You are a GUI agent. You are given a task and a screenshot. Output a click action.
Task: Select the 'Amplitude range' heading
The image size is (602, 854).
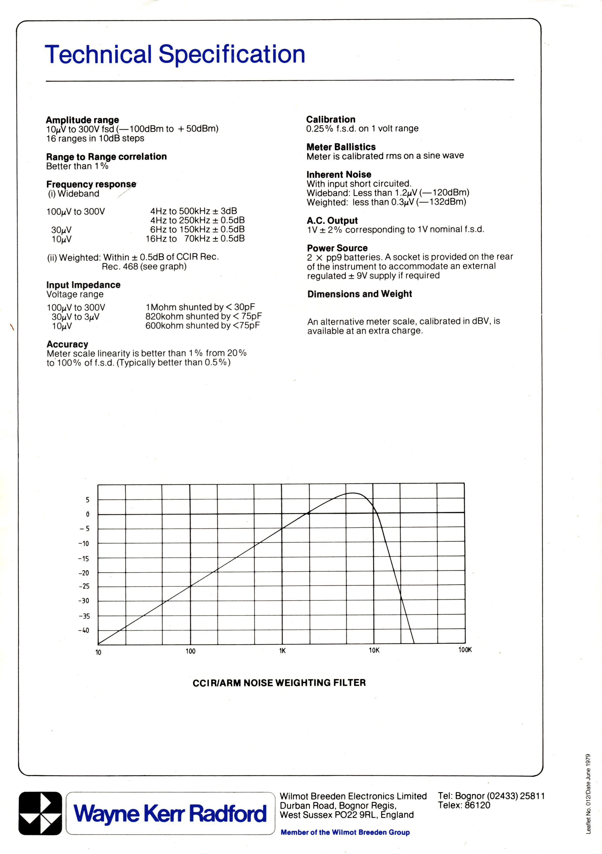pos(82,120)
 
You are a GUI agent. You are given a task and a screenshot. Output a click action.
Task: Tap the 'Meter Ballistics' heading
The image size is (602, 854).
pos(341,147)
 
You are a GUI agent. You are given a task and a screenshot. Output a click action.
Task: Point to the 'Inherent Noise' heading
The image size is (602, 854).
pos(339,174)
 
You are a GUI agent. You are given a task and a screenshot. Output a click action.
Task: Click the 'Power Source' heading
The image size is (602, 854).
pos(337,248)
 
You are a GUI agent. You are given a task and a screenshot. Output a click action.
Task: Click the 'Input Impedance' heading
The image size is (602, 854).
pos(83,285)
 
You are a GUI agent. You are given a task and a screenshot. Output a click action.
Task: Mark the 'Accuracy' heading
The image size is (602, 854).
pos(67,344)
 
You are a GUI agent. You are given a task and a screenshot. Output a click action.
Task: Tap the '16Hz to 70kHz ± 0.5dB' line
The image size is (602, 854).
pos(195,239)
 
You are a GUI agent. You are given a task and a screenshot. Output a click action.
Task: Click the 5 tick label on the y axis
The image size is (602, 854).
pos(87,500)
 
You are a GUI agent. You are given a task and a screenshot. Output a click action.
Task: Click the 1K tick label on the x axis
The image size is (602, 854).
pos(282,651)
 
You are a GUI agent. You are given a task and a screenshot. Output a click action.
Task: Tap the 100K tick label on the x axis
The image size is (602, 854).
pos(465,650)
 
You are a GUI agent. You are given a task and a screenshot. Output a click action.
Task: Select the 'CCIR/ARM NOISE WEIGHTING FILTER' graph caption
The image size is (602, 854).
pos(279,683)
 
